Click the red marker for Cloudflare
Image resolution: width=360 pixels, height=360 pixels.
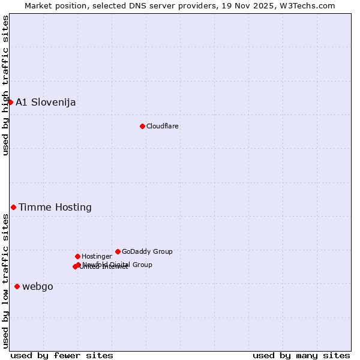pyautogui.click(x=142, y=126)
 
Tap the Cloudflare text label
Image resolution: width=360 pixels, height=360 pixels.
pyautogui.click(x=162, y=126)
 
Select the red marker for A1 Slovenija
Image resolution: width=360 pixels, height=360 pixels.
pyautogui.click(x=10, y=102)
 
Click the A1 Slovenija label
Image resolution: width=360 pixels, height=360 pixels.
pyautogui.click(x=46, y=102)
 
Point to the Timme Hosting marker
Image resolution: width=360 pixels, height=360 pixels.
pyautogui.click(x=13, y=207)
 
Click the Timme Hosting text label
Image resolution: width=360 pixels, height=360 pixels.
pyautogui.click(x=55, y=207)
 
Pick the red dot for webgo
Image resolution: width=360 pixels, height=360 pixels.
pyautogui.click(x=17, y=286)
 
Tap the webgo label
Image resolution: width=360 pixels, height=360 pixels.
pyautogui.click(x=37, y=286)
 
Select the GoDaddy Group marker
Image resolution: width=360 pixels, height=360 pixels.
pyautogui.click(x=118, y=251)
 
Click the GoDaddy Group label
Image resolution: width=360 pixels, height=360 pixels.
pyautogui.click(x=147, y=251)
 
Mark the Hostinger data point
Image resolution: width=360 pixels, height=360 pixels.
pyautogui.click(x=77, y=256)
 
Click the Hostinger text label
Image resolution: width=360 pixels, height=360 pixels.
pyautogui.click(x=97, y=256)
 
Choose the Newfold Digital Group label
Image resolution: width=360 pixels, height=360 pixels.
pyautogui.click(x=118, y=264)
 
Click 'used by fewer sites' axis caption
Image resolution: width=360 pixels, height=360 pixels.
pyautogui.click(x=62, y=355)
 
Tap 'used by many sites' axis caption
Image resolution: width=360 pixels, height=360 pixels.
pyautogui.click(x=301, y=355)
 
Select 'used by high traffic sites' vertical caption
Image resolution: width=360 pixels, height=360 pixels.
pyautogui.click(x=5, y=85)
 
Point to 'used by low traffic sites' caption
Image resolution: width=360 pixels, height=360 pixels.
pyautogui.click(x=5, y=281)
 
